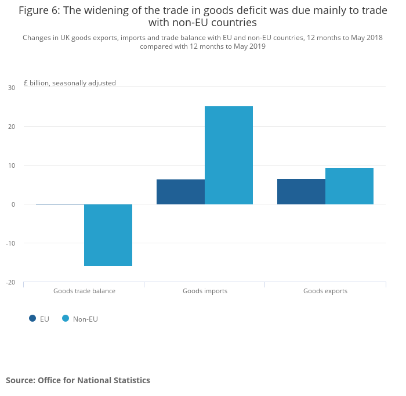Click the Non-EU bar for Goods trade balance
point(108,235)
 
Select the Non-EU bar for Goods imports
point(229,155)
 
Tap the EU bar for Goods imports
point(180,192)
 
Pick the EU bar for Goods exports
point(301,192)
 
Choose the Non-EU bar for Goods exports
point(349,186)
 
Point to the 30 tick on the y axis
point(12,88)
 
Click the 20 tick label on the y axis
point(12,127)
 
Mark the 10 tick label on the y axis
point(12,165)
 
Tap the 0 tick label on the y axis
point(13,204)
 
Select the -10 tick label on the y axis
point(10,243)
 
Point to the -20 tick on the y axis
point(10,282)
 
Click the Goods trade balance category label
point(84,291)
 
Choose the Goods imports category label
point(205,291)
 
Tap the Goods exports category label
point(325,291)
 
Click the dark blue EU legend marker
point(32,318)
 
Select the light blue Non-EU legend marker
point(66,318)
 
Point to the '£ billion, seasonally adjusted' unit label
point(70,83)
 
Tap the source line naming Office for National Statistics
point(78,380)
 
